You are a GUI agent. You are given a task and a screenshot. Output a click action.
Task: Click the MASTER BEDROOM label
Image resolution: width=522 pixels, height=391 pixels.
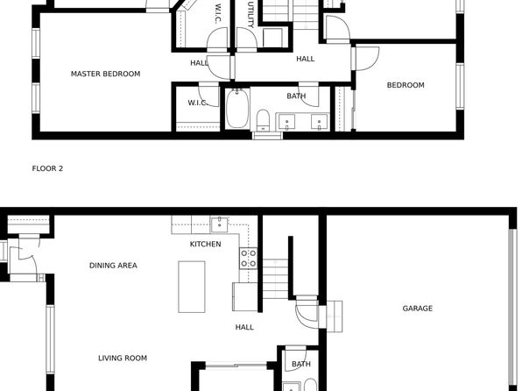click(x=105, y=74)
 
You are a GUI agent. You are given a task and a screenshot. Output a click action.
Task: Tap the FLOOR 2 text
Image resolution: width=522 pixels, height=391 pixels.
click(x=47, y=168)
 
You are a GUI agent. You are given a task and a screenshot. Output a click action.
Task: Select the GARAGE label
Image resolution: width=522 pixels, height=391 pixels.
click(x=418, y=309)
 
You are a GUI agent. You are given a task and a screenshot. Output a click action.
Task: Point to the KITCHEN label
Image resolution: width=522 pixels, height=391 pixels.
click(x=206, y=244)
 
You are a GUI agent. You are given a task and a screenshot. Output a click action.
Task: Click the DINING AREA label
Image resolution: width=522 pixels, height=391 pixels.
click(x=113, y=266)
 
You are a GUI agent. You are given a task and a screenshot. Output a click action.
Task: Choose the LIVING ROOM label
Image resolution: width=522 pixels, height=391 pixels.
click(x=123, y=358)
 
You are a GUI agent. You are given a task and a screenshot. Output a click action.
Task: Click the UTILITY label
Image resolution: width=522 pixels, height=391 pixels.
click(x=251, y=15)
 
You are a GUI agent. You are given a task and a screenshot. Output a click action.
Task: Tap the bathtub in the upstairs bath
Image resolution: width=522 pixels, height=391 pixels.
click(x=237, y=109)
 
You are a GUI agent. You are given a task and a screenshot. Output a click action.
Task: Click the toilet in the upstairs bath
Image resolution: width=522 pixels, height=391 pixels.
click(x=263, y=120)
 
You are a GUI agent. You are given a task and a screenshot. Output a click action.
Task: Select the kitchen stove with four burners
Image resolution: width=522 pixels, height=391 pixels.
click(x=249, y=259)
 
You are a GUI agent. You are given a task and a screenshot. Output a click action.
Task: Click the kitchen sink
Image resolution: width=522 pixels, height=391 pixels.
click(x=219, y=224)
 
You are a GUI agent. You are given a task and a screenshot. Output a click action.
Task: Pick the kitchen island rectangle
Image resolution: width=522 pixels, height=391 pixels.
click(x=192, y=287)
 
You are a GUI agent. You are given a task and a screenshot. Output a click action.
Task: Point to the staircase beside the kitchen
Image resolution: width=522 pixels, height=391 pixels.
click(x=276, y=280)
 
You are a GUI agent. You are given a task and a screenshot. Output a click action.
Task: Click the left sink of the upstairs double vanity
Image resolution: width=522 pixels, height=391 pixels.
click(x=286, y=122)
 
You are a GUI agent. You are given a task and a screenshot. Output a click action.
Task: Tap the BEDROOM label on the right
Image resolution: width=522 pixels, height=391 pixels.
click(x=406, y=85)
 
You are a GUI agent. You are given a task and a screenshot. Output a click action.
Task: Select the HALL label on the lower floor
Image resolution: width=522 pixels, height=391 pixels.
click(x=244, y=327)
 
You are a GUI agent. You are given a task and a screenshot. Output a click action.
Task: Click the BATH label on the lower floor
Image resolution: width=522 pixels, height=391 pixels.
click(x=301, y=364)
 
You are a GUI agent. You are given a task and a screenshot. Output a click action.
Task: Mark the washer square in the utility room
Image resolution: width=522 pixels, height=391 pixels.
click(x=272, y=38)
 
